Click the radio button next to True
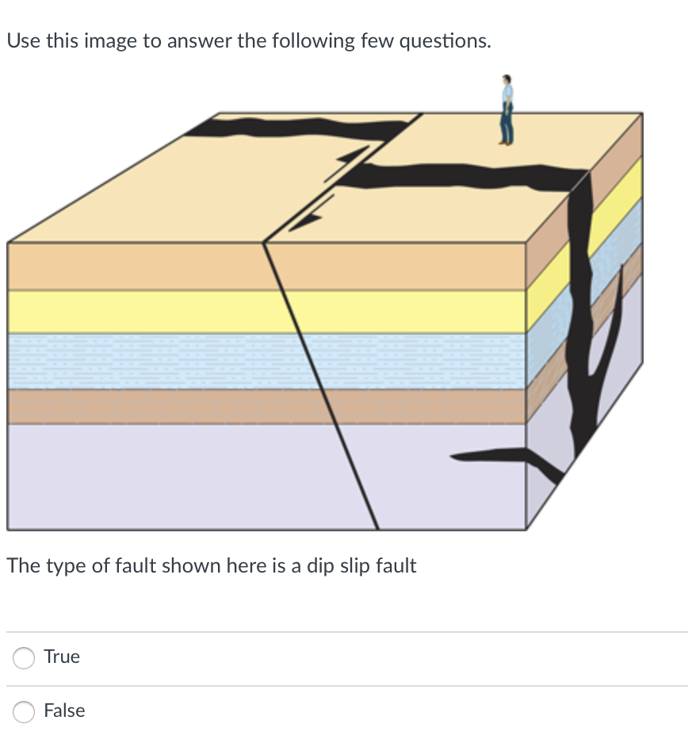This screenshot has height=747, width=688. pos(24,657)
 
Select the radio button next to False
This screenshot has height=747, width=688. pos(24,711)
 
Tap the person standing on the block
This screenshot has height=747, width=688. pos(506,111)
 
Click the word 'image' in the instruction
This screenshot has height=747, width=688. pos(109,40)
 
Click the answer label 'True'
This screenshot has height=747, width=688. pos(62,657)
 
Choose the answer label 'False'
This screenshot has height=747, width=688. pos(64,711)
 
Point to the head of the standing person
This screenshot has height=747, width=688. pos(506,80)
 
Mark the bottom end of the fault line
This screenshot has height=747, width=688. pos(377,528)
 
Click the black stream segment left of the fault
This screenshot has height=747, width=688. pos(301,127)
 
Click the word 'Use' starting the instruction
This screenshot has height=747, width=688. pos(23,40)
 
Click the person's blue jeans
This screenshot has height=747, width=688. pos(506,127)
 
